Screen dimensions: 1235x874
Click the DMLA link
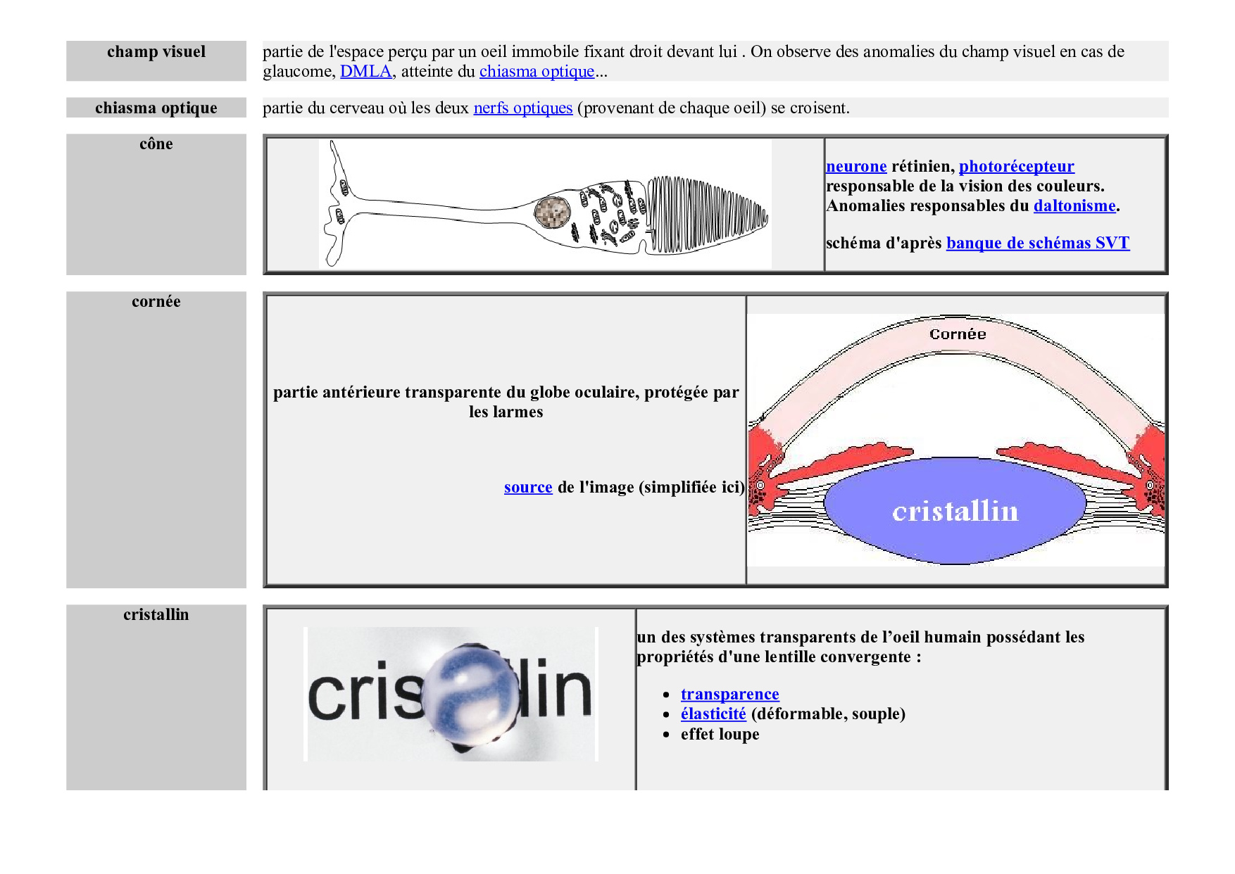point(366,71)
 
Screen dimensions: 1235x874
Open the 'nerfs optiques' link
point(523,108)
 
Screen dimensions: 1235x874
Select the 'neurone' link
point(856,166)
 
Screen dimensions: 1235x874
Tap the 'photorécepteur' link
point(1017,166)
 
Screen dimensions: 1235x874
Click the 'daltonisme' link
point(1074,205)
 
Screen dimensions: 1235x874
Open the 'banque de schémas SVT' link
point(1038,243)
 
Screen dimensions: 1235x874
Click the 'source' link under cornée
point(528,487)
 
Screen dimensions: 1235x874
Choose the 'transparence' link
point(730,694)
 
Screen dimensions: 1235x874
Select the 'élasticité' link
point(713,714)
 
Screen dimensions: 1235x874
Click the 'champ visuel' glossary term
point(156,51)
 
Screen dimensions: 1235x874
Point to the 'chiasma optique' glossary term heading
point(156,108)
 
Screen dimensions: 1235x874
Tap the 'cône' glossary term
point(156,144)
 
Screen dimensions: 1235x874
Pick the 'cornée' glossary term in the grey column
point(156,301)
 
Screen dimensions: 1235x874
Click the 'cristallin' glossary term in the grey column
point(156,614)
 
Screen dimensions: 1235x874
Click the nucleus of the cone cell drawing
point(552,211)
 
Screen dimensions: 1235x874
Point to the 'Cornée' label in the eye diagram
point(958,334)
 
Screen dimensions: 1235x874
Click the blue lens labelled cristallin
point(955,510)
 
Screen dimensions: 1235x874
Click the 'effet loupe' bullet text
point(720,734)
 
